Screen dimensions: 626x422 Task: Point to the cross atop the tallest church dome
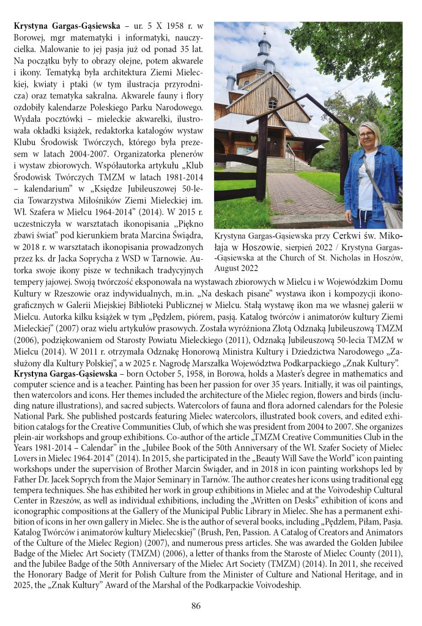click(264, 28)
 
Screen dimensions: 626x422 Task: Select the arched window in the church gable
click(272, 102)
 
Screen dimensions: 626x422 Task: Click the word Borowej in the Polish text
click(30, 39)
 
